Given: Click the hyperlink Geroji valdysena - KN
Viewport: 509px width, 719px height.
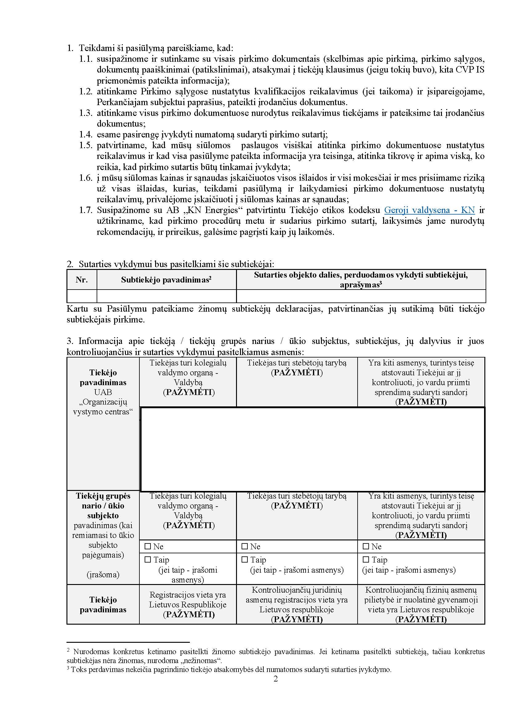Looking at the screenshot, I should pos(429,210).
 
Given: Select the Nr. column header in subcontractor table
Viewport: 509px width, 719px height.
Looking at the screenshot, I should pos(82,280).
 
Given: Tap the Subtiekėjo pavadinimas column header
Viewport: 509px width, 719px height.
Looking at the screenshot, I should pos(166,280).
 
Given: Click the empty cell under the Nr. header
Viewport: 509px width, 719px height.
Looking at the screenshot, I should pos(82,296).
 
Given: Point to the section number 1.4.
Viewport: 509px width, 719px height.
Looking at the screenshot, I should pos(86,135).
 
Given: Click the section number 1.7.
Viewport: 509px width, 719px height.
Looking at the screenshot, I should pos(86,210).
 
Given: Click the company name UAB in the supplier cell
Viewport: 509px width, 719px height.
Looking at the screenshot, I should pos(103,392).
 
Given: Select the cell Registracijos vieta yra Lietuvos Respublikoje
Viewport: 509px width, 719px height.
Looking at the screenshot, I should pos(187,605).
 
